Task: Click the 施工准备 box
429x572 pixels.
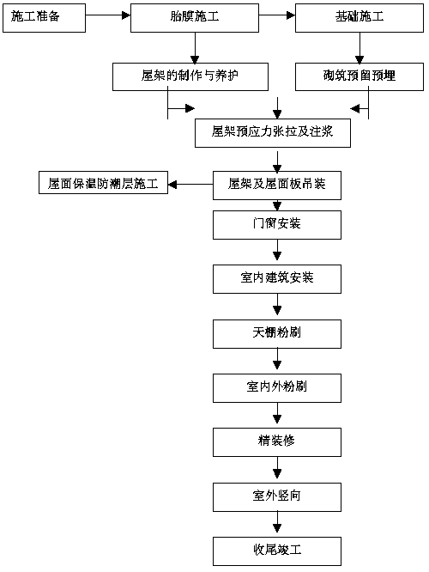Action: (x=44, y=18)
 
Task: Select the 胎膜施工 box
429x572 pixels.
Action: (x=195, y=18)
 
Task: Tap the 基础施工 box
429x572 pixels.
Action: (x=360, y=18)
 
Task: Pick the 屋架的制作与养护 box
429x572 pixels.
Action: (x=190, y=76)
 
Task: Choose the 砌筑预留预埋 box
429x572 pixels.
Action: (x=360, y=76)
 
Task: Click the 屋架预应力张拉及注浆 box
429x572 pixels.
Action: (x=273, y=133)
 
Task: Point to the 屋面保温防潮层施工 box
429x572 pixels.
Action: (x=103, y=182)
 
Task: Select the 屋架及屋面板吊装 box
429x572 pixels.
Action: (x=277, y=186)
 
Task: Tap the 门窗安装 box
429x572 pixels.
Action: (x=277, y=225)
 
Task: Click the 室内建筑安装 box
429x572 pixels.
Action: (x=277, y=279)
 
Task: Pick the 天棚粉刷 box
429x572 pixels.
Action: (x=277, y=334)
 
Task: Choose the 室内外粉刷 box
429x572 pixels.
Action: (x=277, y=388)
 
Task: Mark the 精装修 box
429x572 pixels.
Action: (x=277, y=442)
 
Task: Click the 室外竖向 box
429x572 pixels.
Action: (x=277, y=497)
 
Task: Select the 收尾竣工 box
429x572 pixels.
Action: (x=277, y=551)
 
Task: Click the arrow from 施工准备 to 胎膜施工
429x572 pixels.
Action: (x=108, y=15)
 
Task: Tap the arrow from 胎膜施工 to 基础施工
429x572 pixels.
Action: (x=277, y=15)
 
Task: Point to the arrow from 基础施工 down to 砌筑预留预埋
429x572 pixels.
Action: (x=360, y=48)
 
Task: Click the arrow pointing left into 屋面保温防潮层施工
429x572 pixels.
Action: (x=190, y=184)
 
